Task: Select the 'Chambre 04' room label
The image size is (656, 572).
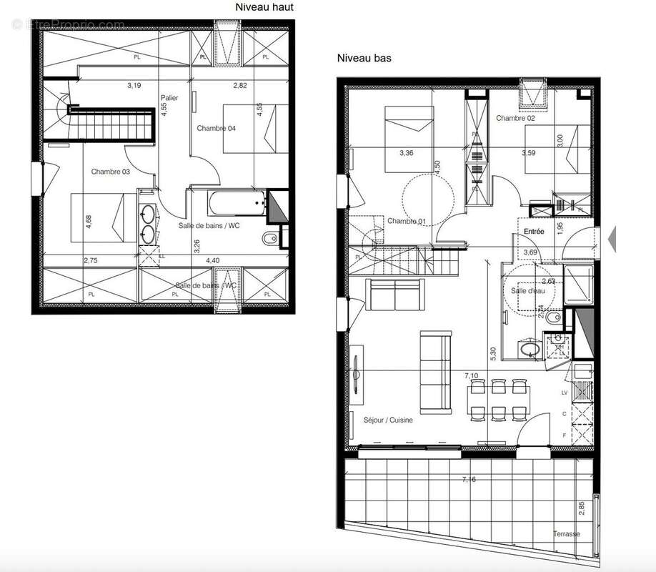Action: click(x=217, y=129)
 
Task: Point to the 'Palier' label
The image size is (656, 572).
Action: click(x=169, y=98)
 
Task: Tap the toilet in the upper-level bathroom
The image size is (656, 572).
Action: click(x=269, y=237)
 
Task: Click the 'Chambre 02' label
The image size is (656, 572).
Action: click(x=516, y=118)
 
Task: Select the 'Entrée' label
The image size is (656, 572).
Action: click(x=534, y=232)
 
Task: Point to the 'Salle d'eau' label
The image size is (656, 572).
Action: click(x=527, y=290)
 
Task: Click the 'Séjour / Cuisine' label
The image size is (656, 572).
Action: click(x=388, y=420)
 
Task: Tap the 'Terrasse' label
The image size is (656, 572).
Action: click(x=566, y=534)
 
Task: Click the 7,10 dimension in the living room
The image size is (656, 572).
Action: click(x=471, y=375)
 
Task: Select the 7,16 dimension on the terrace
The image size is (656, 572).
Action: click(x=469, y=479)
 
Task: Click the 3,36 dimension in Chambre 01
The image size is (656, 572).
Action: click(x=406, y=152)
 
